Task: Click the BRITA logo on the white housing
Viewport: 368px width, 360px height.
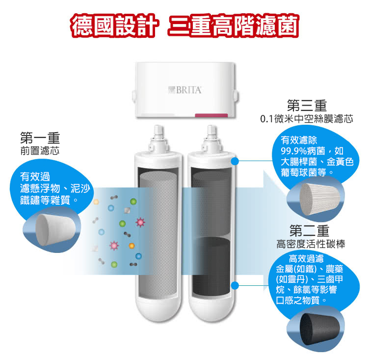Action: (185, 90)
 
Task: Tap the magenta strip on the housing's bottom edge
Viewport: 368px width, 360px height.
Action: (211, 115)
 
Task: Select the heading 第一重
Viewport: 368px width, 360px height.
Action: (40, 138)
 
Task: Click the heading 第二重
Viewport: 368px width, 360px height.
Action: (309, 231)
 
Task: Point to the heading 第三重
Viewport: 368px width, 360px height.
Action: (307, 106)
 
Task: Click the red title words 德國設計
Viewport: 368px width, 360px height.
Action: (115, 26)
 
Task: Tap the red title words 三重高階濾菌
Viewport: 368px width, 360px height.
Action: (233, 26)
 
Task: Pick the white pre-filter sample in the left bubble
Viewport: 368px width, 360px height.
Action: (55, 230)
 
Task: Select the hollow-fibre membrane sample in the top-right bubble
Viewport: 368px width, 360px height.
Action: (319, 199)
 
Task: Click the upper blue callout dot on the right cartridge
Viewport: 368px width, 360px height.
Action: (235, 161)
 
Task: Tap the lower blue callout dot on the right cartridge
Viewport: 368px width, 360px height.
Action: (235, 285)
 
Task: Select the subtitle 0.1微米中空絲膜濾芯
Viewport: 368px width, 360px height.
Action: (307, 119)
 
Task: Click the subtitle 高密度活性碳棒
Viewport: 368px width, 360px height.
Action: (311, 244)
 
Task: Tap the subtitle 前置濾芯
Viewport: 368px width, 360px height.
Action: (40, 151)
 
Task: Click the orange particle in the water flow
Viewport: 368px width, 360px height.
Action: (131, 246)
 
